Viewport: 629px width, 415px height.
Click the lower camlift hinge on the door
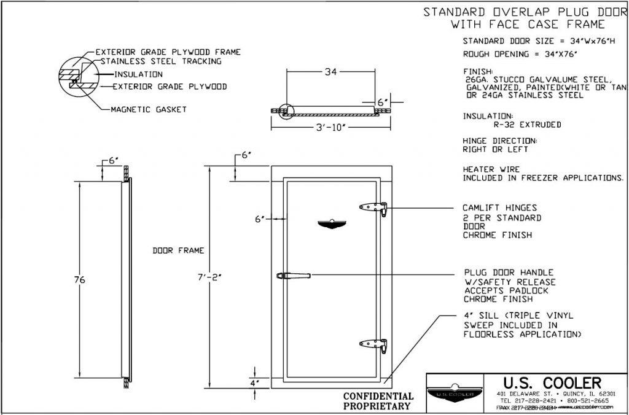[373, 346]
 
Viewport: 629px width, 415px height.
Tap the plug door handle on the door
[294, 276]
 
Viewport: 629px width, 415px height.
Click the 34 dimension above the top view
[330, 72]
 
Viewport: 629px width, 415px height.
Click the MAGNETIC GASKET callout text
[148, 109]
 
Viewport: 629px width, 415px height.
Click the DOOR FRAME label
[178, 250]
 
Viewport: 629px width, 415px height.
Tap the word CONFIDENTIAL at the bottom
[378, 396]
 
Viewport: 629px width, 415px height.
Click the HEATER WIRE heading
[491, 169]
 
